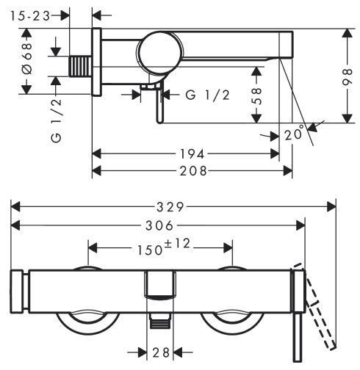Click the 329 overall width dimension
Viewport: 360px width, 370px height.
170,207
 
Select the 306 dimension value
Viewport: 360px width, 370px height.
159,225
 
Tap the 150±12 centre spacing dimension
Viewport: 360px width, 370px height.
164,247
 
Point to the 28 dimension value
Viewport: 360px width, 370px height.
161,352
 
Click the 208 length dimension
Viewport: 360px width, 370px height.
193,171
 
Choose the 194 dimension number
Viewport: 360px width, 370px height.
192,154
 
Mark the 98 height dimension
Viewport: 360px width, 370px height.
348,77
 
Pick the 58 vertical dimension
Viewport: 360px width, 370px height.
256,96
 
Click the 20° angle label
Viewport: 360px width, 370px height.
295,133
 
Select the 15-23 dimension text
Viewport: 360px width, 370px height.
30,16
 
